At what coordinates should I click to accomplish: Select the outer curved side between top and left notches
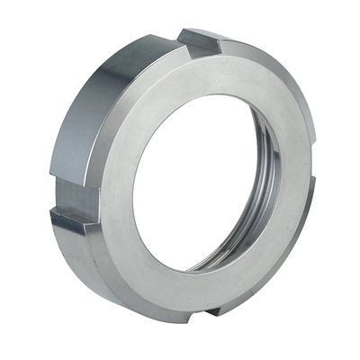point(99,99)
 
